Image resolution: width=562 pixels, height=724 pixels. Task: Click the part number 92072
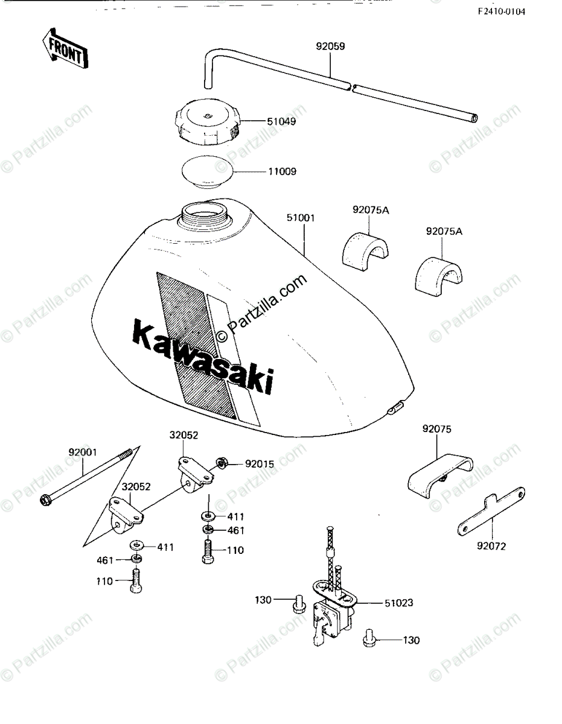(x=491, y=547)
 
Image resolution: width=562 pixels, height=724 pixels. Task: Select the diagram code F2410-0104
(x=502, y=11)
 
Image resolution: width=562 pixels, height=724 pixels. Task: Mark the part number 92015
(x=259, y=464)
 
